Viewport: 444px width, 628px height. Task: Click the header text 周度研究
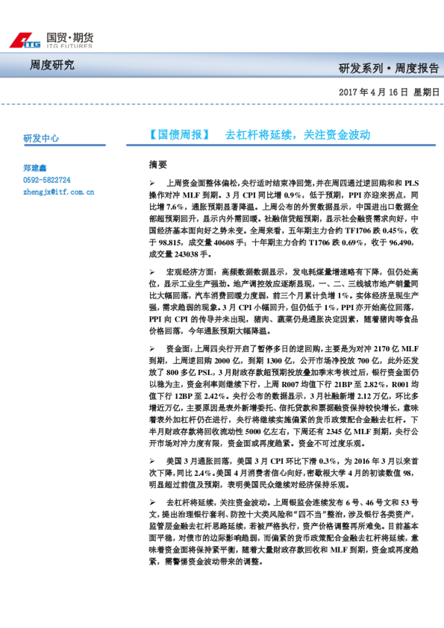point(52,65)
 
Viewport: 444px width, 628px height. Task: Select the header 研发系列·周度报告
point(388,69)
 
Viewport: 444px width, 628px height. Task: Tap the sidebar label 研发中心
point(41,139)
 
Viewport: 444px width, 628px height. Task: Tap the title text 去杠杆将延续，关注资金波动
point(298,136)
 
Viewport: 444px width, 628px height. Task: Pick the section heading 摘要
point(158,164)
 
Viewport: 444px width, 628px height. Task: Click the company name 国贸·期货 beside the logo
point(70,37)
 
